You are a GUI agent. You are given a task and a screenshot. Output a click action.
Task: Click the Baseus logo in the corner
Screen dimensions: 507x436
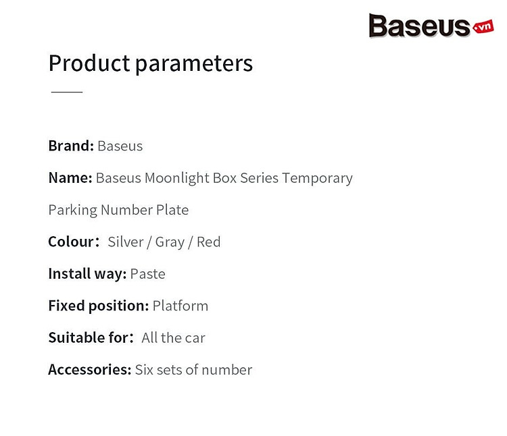[431, 26]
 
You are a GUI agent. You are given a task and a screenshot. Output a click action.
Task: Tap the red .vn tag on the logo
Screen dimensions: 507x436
[483, 27]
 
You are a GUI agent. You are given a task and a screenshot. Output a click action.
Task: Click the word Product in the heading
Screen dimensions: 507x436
[89, 63]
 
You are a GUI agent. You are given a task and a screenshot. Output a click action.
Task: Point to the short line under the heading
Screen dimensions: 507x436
[67, 92]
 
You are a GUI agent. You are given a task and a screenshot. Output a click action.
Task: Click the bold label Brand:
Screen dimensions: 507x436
[71, 146]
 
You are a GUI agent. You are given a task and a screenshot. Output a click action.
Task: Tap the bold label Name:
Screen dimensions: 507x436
[70, 178]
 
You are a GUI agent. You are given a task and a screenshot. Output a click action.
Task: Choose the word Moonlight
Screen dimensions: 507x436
[177, 178]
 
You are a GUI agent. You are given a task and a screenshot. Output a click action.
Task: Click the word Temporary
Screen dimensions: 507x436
[317, 178]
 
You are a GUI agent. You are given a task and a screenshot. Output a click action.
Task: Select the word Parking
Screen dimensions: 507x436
[73, 211]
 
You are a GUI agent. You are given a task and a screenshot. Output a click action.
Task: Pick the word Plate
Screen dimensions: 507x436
[172, 210]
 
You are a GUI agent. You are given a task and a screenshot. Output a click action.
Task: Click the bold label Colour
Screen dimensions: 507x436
[74, 242]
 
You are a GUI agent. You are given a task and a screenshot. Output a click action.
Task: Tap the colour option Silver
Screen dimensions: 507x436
[126, 242]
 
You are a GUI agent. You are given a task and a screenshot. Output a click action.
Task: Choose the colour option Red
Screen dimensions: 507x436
[209, 242]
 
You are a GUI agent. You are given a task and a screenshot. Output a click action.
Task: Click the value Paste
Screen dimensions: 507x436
[148, 274]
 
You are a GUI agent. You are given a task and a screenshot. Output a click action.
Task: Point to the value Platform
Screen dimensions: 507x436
[180, 306]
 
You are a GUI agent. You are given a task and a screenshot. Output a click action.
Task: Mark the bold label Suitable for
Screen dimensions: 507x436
[91, 338]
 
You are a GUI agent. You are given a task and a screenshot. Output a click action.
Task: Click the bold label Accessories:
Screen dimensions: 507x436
[90, 370]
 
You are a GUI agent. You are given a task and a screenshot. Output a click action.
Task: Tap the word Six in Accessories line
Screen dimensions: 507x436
[144, 370]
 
